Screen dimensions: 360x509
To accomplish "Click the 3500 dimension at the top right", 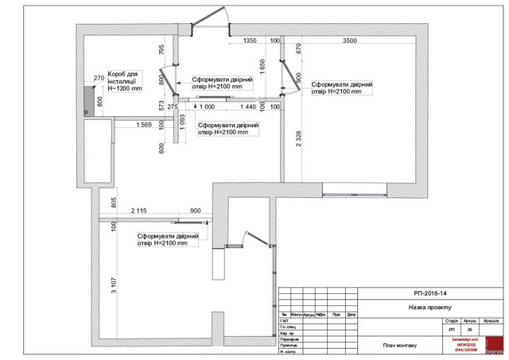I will [x=349, y=41].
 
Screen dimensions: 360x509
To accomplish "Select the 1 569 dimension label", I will [x=144, y=125].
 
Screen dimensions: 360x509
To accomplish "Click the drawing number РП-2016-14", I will [x=433, y=293].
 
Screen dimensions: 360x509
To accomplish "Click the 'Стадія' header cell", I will [x=452, y=320].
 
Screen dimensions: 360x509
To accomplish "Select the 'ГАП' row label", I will [x=283, y=321].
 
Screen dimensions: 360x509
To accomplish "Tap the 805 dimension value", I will [x=115, y=202].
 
